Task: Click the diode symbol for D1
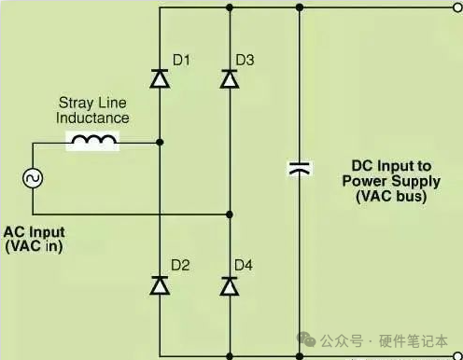[160, 78]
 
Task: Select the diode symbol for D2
[160, 285]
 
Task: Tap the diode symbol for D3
[230, 79]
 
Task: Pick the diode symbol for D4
[230, 285]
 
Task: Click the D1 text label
[181, 60]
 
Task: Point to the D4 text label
[244, 265]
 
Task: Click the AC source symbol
[33, 178]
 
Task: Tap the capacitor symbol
[300, 168]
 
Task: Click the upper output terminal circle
[458, 7]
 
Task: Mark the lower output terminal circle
[458, 355]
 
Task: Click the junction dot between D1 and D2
[160, 143]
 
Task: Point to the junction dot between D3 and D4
[230, 215]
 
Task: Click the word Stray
[76, 104]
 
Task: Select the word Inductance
[92, 118]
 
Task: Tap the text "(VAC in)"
[35, 246]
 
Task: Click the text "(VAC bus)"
[391, 196]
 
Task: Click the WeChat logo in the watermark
[306, 339]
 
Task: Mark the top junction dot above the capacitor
[300, 7]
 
